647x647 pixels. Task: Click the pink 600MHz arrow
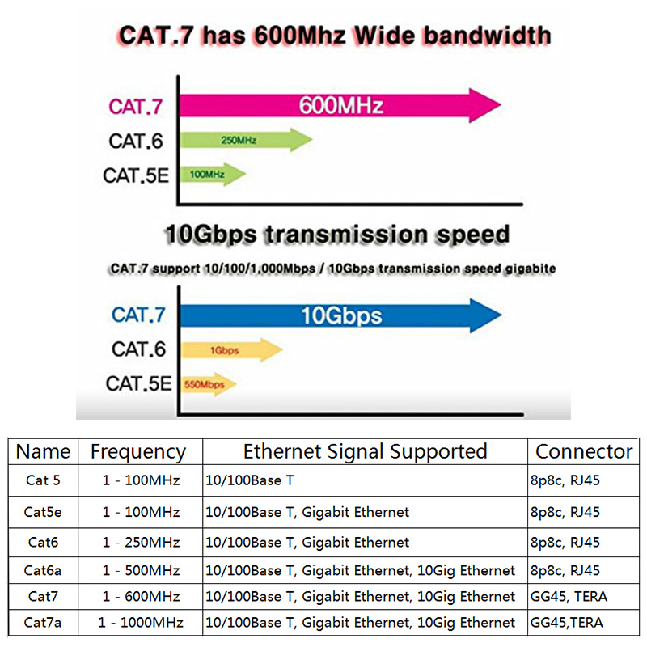[340, 105]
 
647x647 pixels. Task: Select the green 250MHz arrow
[246, 140]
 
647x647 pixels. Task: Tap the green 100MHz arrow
[213, 174]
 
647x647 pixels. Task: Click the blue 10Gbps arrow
[340, 315]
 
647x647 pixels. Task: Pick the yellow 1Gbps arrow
[231, 350]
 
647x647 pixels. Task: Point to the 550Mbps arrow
[209, 385]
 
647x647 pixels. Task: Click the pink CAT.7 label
[135, 107]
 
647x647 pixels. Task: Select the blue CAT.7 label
[138, 315]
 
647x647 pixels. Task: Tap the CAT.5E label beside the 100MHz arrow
[136, 175]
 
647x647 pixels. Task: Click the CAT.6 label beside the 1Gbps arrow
[138, 349]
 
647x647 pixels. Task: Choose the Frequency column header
[138, 452]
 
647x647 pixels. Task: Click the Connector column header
[584, 451]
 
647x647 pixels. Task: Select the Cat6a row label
[43, 571]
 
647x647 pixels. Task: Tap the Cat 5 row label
[43, 480]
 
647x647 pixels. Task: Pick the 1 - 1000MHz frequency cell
[141, 623]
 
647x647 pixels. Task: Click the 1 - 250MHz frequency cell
[141, 542]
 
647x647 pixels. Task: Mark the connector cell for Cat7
[569, 597]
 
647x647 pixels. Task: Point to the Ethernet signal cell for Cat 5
[250, 480]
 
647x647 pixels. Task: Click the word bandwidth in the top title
[488, 36]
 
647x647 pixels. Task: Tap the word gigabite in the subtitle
[531, 269]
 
